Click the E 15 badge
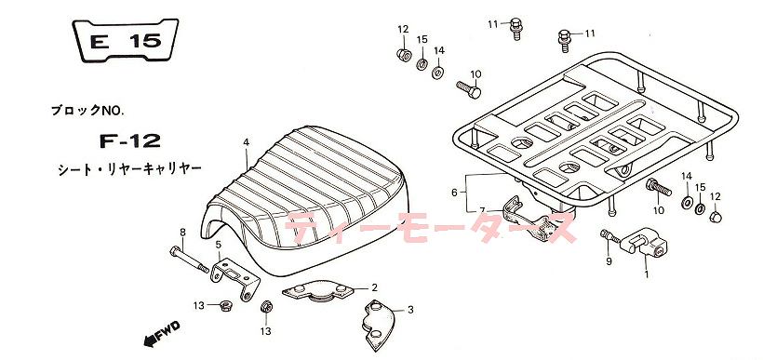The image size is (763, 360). click(x=126, y=40)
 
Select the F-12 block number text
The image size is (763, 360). click(x=130, y=141)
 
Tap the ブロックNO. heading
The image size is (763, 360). click(x=87, y=111)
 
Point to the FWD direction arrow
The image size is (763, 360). click(x=162, y=333)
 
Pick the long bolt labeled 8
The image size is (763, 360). click(x=189, y=260)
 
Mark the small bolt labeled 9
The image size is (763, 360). click(x=609, y=236)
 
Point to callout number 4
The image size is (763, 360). click(x=247, y=142)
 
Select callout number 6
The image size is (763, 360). click(x=454, y=193)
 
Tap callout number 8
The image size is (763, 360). click(x=182, y=232)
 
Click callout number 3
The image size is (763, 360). click(x=410, y=310)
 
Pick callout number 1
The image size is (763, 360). click(x=646, y=273)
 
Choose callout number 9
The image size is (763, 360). click(x=609, y=261)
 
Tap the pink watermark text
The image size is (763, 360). click(x=431, y=228)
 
